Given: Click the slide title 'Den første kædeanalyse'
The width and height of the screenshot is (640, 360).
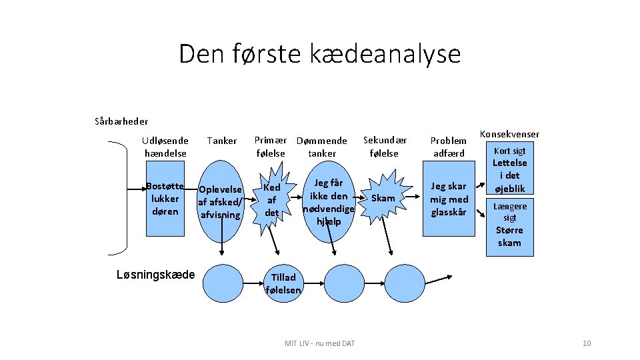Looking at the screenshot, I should click(x=319, y=53).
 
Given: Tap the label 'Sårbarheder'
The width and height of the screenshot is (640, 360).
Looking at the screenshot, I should click(x=121, y=121).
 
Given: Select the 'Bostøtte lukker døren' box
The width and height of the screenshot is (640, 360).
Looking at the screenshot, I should click(x=165, y=199).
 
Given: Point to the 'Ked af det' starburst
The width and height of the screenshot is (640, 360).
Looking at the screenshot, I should click(x=271, y=200).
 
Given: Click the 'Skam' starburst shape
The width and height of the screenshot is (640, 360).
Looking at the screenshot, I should click(x=383, y=198).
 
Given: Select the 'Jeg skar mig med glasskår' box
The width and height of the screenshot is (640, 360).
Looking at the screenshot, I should click(x=449, y=199).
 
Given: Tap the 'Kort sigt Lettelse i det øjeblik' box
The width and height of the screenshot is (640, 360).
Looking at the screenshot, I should click(x=510, y=169).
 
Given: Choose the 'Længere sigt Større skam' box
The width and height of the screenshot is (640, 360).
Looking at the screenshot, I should click(x=510, y=225).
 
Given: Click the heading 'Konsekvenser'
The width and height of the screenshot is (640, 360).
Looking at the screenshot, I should click(x=509, y=134).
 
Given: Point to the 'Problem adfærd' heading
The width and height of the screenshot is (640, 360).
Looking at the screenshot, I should click(x=448, y=147).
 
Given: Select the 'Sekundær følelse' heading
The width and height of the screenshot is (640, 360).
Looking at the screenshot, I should click(x=385, y=147).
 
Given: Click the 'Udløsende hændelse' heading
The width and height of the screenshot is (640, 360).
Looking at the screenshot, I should click(x=165, y=147).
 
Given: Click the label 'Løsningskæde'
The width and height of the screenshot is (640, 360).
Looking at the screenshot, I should click(x=155, y=275).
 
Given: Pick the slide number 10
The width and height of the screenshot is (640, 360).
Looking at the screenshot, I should click(x=587, y=343).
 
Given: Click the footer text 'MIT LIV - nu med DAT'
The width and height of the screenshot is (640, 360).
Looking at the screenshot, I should click(x=319, y=343).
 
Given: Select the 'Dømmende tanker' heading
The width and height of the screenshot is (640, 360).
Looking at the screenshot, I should click(x=321, y=147).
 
